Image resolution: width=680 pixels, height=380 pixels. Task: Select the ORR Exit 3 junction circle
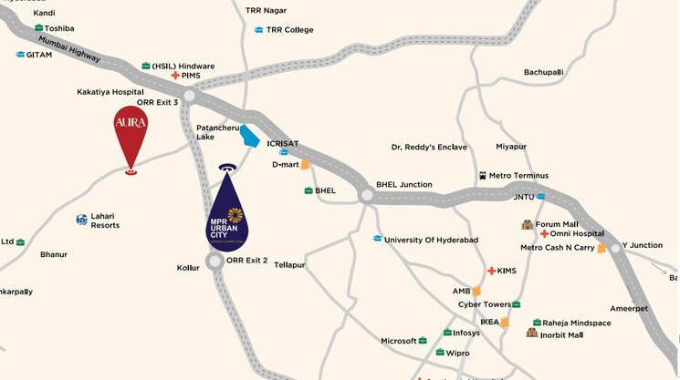190,96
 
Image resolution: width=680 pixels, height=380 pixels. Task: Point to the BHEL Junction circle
366,195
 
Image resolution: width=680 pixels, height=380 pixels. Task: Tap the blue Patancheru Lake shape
249,136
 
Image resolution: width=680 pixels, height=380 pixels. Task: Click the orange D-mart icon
306,165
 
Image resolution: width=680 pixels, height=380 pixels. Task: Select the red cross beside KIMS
491,271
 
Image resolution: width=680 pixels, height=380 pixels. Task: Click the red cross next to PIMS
175,76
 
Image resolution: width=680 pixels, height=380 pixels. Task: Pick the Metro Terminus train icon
482,175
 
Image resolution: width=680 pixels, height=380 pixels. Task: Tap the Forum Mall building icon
527,224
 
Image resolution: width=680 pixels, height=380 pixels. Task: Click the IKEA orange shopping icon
506,322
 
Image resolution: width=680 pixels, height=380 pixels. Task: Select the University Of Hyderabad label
432,240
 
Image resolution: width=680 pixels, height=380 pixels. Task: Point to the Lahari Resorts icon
82,219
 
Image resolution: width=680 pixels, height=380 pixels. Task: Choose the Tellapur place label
289,264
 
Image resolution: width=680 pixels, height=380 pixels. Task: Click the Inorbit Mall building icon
531,334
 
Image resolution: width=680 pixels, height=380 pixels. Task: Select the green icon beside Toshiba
39,28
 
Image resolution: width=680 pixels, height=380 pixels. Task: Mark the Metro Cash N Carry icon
602,248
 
